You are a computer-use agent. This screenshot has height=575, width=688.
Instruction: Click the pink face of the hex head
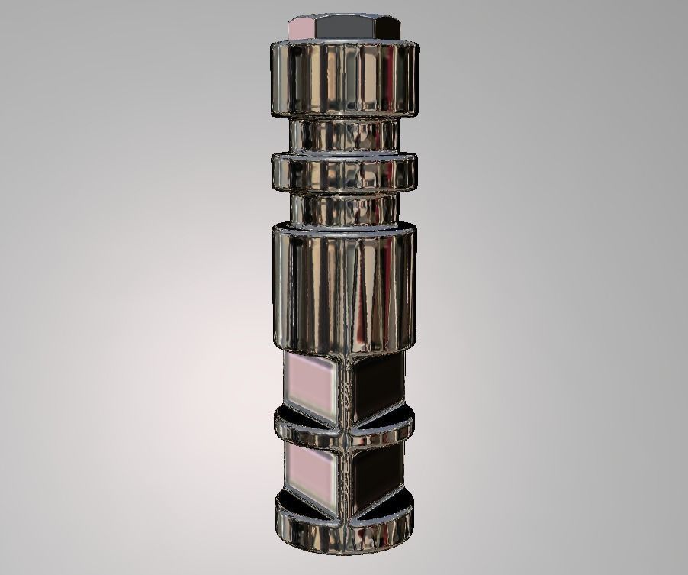(303, 26)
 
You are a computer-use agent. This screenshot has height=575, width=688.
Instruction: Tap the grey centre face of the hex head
(348, 26)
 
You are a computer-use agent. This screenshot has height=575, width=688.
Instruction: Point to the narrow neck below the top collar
(344, 136)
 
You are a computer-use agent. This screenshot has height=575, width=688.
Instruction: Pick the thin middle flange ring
(344, 173)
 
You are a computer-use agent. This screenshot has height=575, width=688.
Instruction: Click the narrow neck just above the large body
(344, 210)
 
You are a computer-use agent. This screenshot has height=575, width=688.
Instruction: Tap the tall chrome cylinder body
(344, 286)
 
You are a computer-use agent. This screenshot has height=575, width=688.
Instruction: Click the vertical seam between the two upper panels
(344, 389)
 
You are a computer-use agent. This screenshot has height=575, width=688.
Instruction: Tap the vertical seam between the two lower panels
(344, 477)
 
